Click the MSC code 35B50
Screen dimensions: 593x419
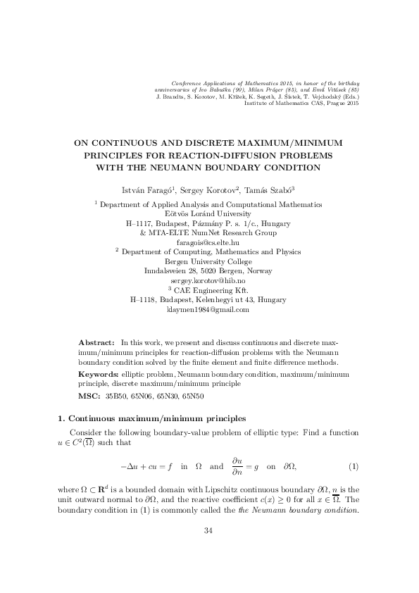(117, 397)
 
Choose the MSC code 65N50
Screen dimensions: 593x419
(196, 397)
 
